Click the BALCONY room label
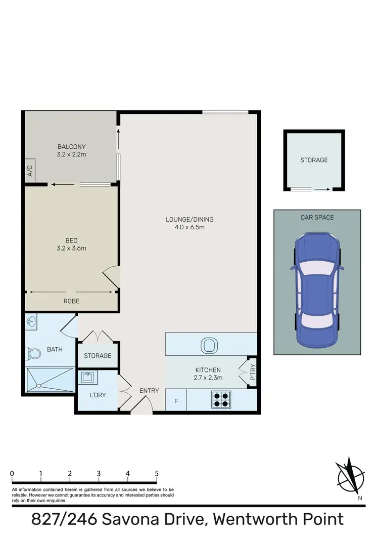72,147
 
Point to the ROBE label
72,301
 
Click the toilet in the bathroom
34,353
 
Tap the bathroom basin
32,321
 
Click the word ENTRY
149,391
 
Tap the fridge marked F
176,401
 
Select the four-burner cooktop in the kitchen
221,400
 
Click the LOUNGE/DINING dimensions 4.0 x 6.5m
190,227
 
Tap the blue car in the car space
317,289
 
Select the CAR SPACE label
317,218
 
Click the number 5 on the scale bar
157,474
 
